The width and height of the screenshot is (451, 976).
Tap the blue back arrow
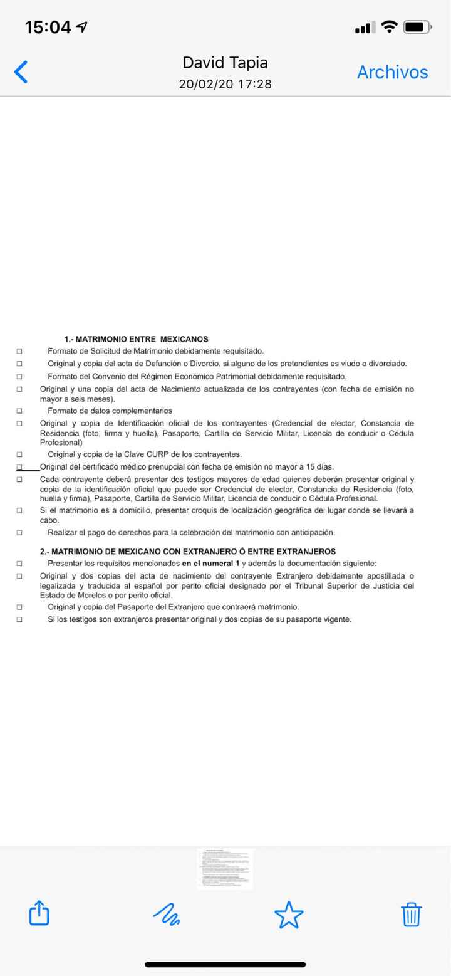coord(21,72)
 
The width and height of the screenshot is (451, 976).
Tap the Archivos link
coord(392,72)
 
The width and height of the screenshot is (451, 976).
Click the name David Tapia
coord(225,63)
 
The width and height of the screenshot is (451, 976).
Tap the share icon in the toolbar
coord(39,913)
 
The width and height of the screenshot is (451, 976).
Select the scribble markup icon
coord(166,915)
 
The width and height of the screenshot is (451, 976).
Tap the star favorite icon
coord(289,915)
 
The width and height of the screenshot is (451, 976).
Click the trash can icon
coord(412,915)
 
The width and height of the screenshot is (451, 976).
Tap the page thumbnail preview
coord(225,869)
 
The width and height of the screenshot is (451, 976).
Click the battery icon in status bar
coord(417,27)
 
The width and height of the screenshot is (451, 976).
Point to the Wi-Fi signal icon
coord(390,27)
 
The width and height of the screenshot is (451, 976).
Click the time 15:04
coord(48,27)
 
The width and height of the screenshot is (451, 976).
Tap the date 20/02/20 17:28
coord(225,84)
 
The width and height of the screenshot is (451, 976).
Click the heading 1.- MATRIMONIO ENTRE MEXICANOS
coord(136,339)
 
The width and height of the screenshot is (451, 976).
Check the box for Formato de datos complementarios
coord(19,411)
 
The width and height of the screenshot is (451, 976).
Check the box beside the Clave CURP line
coord(19,454)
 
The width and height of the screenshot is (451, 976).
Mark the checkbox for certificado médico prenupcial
coord(19,467)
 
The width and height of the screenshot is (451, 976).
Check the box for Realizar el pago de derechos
coord(19,533)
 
